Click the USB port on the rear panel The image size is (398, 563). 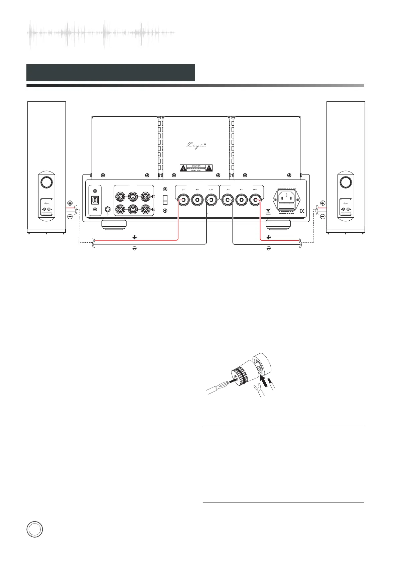pos(95,200)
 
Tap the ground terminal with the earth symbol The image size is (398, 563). pos(108,210)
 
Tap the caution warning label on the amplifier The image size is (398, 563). pos(196,168)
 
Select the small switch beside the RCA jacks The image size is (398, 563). pos(164,200)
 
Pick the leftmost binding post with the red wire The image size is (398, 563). pos(183,201)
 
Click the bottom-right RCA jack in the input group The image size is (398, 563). pos(145,209)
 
